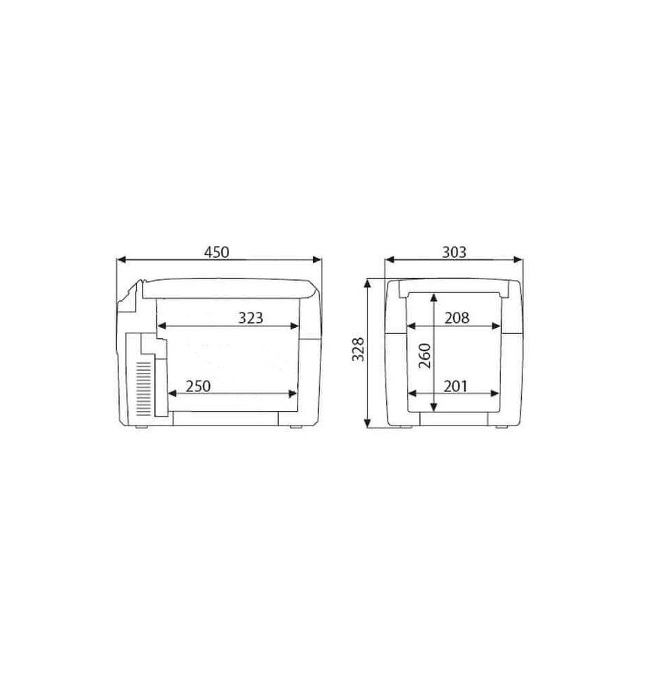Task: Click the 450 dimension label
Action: coord(217,252)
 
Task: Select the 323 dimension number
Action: coord(251,317)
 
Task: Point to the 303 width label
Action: coord(454,252)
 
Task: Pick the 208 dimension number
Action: coord(457,317)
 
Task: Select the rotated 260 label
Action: coord(424,355)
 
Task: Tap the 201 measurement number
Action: coord(457,385)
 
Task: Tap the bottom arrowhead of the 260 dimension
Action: coord(433,407)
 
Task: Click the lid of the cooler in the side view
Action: coord(228,286)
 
